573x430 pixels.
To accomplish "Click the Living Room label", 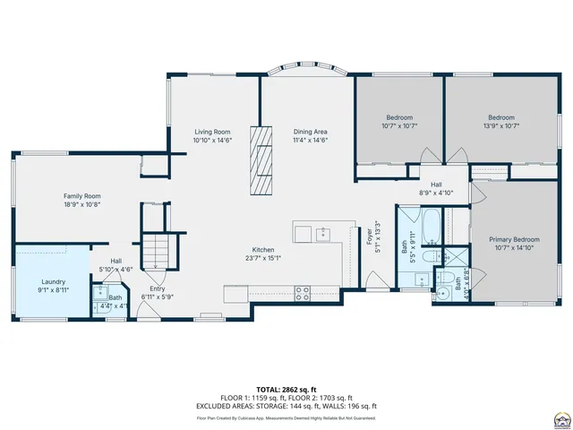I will coord(212,132).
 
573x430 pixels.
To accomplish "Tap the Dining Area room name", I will coord(310,132).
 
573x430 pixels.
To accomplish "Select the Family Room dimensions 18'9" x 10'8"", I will coord(81,204).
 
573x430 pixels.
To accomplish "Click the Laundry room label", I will coord(53,281).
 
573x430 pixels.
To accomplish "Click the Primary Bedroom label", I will coord(514,239).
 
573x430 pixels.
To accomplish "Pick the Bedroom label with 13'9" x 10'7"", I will coord(501,117).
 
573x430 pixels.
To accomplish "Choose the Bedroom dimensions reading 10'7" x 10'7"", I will coord(399,126).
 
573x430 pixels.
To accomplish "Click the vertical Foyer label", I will coord(369,238).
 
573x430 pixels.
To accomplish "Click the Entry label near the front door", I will coord(158,288).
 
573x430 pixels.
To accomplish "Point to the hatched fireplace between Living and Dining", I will coord(261,159).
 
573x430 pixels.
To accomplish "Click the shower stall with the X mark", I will coord(458,255).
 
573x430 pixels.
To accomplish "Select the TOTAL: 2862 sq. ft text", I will coord(286,390).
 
